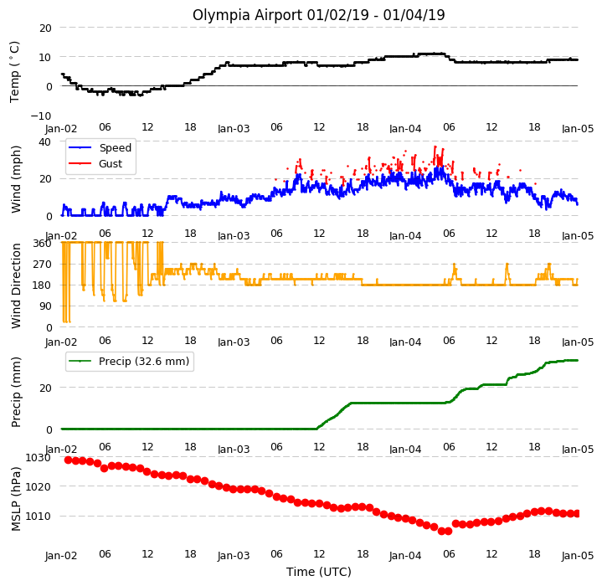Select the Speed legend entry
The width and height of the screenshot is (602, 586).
tap(100, 147)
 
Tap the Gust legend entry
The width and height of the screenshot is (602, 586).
tap(95, 164)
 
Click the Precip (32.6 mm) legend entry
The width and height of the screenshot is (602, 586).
tap(129, 362)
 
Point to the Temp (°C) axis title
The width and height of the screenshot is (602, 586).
tap(14, 72)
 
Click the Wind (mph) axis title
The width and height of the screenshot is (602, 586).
tap(16, 179)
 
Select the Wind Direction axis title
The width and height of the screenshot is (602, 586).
tap(16, 286)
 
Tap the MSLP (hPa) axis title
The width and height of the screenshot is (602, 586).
tap(16, 499)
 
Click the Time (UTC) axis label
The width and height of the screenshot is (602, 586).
tap(319, 572)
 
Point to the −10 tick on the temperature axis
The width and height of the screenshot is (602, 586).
tap(41, 116)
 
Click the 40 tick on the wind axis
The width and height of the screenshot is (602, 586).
tap(44, 142)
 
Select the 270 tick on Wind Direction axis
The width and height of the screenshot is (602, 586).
tap(42, 265)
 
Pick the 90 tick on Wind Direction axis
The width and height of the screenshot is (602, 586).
tap(45, 306)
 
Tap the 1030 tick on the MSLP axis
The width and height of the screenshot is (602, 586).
tap(38, 458)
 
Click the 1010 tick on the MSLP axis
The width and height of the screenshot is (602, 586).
tap(38, 517)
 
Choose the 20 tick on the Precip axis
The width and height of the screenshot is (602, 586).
tap(45, 388)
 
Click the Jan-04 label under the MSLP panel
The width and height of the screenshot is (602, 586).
tap(405, 556)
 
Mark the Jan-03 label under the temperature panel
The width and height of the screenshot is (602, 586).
tap(234, 129)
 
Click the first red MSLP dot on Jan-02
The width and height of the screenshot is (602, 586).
tap(69, 460)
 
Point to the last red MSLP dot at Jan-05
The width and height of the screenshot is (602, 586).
tap(577, 513)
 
